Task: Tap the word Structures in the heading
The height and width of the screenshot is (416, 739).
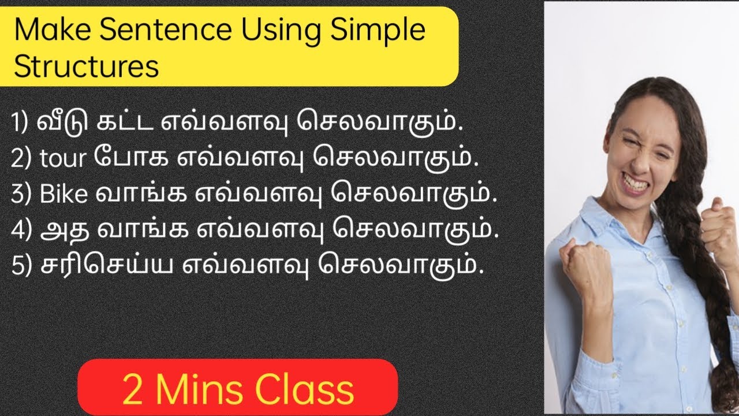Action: click(87, 66)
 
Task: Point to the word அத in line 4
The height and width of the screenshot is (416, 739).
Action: click(60, 230)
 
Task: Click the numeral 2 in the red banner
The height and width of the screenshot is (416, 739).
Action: click(132, 391)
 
